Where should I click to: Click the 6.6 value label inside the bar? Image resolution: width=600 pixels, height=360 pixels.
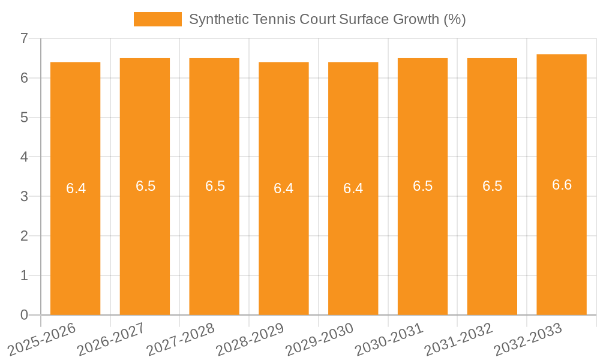point(562,185)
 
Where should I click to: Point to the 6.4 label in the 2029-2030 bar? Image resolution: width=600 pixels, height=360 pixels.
point(353,188)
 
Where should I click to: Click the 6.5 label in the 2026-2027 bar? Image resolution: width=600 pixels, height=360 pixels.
point(145,186)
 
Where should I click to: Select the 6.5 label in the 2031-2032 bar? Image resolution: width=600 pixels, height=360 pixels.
point(492,186)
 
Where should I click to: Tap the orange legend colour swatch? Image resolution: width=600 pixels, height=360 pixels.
point(157,19)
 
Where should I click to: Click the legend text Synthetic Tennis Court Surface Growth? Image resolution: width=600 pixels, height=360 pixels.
point(327,19)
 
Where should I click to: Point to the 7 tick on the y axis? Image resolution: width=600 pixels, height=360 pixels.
point(24,38)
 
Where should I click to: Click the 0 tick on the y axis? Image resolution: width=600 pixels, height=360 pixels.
point(24,315)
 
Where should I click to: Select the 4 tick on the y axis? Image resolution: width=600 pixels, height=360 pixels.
point(24,157)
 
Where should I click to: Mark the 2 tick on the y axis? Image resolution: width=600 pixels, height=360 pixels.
point(24,236)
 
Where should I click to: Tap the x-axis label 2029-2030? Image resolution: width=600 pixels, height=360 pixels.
point(320,339)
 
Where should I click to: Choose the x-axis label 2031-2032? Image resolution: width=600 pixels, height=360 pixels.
point(459,339)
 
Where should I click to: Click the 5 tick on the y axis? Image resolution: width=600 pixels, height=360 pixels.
point(24,118)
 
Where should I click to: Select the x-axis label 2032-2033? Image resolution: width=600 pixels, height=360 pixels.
point(528,339)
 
